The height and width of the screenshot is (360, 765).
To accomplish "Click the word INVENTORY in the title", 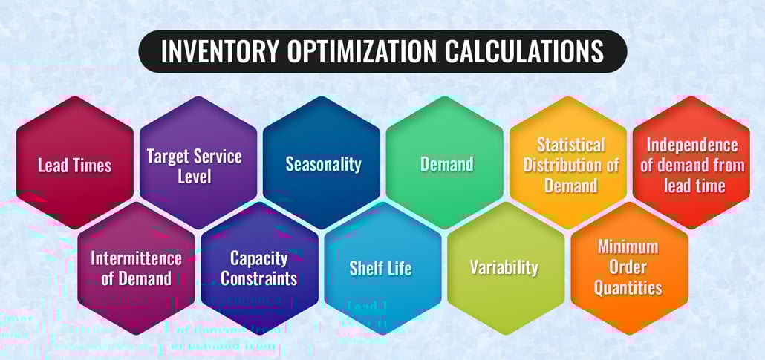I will [215, 51].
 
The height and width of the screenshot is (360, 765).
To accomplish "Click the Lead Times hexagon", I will [74, 163].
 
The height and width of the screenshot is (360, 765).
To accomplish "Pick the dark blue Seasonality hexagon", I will [322, 163].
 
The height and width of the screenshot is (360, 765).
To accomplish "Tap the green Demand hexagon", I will [446, 163].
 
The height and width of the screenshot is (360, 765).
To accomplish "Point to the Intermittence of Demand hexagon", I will [137, 268].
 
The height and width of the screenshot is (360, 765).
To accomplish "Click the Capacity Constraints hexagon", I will [260, 268].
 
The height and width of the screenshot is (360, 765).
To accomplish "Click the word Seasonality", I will [323, 164].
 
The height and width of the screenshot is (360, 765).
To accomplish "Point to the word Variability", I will [504, 267].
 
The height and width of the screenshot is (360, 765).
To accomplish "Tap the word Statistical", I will [570, 144].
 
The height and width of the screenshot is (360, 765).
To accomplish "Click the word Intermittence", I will [136, 258].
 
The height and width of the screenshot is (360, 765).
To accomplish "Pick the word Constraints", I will [259, 278].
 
